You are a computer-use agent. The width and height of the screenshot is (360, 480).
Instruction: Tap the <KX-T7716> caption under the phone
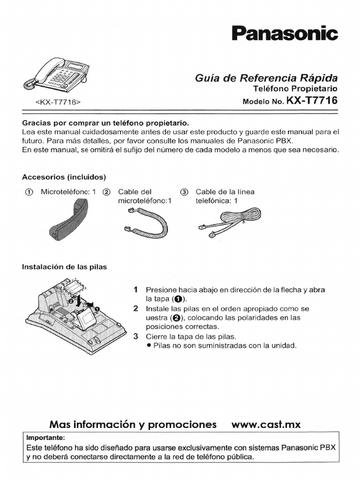(58, 102)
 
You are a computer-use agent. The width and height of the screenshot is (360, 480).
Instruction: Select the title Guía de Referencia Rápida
(266, 78)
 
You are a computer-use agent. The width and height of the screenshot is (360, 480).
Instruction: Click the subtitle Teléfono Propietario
(295, 89)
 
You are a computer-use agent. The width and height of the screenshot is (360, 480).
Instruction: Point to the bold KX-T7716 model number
(313, 100)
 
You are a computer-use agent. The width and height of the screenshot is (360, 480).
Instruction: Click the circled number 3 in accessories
(184, 192)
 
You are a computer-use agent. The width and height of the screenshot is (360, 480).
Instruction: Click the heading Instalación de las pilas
(65, 267)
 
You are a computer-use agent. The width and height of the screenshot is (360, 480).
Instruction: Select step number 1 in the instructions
(135, 290)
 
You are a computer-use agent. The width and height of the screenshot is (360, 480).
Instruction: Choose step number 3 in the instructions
(135, 336)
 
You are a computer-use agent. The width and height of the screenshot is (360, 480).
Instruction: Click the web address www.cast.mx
(266, 425)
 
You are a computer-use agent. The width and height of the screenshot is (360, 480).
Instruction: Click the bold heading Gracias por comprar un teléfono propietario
(105, 123)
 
